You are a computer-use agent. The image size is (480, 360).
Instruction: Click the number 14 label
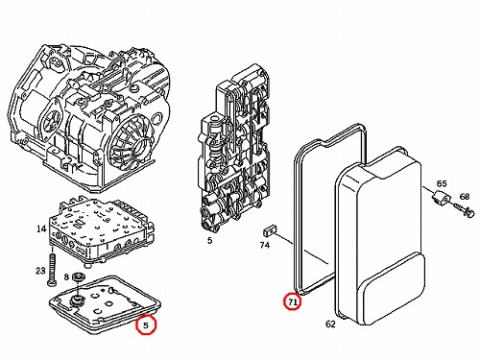point(41,229)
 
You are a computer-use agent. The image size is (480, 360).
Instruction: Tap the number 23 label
point(40,271)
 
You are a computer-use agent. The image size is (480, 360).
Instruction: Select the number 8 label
point(66,276)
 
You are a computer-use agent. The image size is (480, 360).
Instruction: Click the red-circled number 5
point(146,325)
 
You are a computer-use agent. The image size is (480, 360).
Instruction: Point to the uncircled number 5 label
point(209,240)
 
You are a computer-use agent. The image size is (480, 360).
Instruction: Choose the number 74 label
point(265,245)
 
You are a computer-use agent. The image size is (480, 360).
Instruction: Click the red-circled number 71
point(293,301)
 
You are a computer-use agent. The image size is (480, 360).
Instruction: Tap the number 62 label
point(330,324)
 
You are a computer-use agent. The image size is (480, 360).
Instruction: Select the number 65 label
point(442,183)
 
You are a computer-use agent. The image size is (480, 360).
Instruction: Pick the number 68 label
point(465,196)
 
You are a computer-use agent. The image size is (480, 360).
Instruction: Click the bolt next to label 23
point(52,270)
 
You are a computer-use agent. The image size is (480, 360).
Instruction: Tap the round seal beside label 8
point(78,276)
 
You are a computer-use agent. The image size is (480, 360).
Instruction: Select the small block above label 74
point(271,229)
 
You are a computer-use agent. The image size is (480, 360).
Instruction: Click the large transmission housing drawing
point(89,118)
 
